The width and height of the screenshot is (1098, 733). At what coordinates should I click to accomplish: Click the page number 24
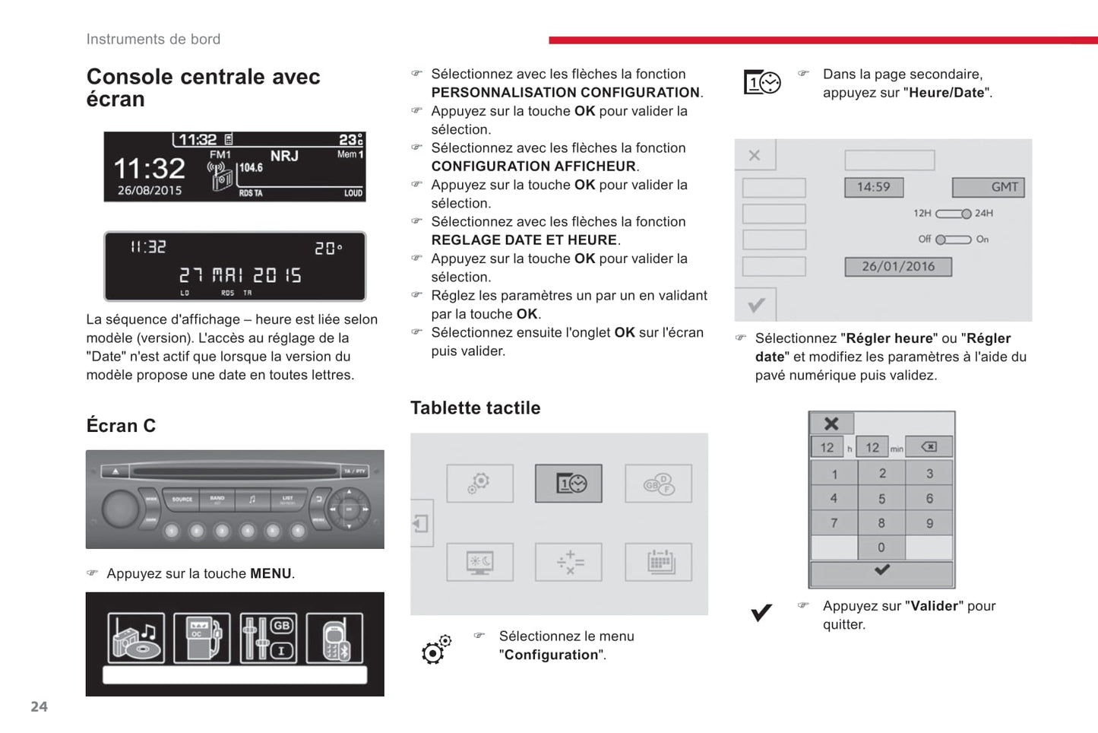[39, 706]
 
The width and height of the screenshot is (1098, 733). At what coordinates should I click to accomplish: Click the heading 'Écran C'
[121, 426]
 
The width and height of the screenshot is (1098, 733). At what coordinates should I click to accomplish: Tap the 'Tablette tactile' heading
[475, 408]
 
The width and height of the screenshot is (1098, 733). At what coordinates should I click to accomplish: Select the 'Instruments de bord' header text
[153, 40]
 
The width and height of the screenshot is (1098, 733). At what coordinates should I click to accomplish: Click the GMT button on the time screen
[988, 187]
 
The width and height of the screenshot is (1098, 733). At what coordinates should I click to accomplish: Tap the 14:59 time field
[874, 187]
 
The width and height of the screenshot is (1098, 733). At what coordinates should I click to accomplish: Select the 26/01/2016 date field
[897, 267]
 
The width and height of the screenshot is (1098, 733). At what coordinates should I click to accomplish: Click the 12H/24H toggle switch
[953, 214]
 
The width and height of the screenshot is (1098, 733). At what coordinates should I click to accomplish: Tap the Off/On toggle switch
[953, 240]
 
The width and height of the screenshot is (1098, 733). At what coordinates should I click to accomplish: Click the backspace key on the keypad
[929, 447]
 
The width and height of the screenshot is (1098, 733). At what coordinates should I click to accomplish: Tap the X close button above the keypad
[831, 424]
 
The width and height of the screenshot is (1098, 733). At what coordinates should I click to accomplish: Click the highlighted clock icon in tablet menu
[568, 484]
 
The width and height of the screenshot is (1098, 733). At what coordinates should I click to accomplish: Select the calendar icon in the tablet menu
[658, 563]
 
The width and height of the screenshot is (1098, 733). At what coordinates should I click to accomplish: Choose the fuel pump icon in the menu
[201, 639]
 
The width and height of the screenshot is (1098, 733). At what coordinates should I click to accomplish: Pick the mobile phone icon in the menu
[334, 639]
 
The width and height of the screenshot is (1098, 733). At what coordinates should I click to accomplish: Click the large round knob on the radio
[121, 509]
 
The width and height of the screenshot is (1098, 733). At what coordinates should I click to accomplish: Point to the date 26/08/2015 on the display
[150, 191]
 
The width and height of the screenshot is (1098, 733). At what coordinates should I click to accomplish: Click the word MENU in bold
[271, 574]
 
